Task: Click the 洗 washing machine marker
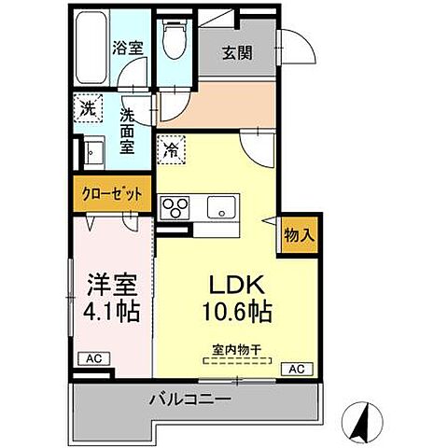86,108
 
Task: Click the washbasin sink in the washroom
93,152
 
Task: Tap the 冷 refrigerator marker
171,147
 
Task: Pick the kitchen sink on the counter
222,206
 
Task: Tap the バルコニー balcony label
191,400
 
